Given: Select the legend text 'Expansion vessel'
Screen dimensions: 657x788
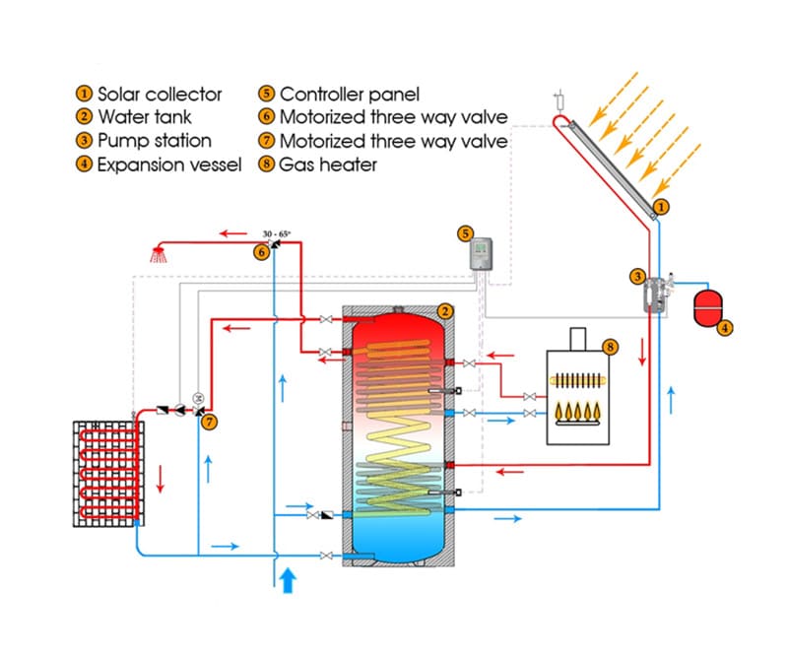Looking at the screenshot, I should pyautogui.click(x=168, y=164).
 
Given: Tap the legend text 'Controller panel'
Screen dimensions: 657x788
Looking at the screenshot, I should pyautogui.click(x=350, y=95).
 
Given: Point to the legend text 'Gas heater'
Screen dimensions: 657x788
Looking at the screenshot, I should pyautogui.click(x=328, y=164).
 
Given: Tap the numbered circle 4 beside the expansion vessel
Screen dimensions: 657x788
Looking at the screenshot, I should pyautogui.click(x=725, y=328).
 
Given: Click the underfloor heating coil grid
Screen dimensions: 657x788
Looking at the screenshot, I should pyautogui.click(x=103, y=474).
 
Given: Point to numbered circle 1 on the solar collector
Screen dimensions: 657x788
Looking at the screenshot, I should pyautogui.click(x=661, y=207).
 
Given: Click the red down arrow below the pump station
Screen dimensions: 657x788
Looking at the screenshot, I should pyautogui.click(x=643, y=352).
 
